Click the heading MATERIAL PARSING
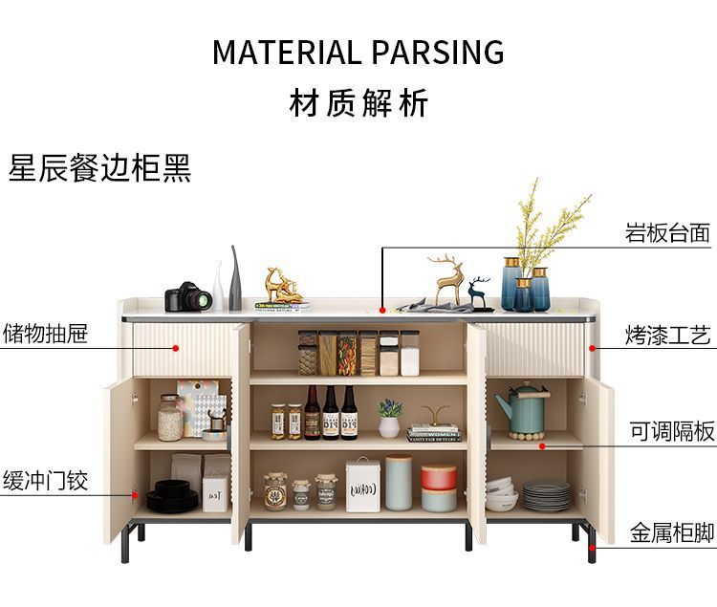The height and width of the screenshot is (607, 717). (358, 52)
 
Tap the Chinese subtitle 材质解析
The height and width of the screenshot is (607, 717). (358, 103)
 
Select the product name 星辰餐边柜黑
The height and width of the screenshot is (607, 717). (99, 167)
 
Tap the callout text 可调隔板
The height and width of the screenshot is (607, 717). (672, 432)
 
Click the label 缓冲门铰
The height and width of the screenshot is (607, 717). (45, 480)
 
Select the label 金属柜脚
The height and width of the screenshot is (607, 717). (672, 532)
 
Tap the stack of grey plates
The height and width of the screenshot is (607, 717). (547, 496)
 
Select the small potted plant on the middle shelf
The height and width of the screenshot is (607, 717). (389, 418)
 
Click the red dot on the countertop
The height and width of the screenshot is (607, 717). (382, 310)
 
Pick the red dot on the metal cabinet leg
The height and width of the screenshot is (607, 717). (592, 546)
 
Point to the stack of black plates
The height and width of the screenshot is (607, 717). (172, 495)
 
